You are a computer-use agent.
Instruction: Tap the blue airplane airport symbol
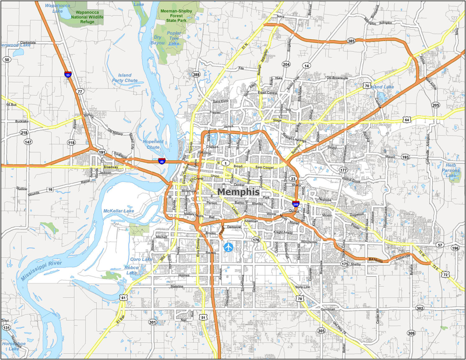coord(228,247)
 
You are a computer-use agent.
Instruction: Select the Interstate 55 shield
coord(68,74)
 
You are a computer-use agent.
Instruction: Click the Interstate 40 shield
coord(162,161)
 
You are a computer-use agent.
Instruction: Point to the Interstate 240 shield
coord(296,204)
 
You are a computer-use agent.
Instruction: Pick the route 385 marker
coord(351,41)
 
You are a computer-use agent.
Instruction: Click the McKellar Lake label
coord(118,211)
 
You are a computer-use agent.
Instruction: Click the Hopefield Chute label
coord(153,144)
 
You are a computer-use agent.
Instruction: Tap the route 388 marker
coord(196,74)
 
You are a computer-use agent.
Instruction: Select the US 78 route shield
coord(299,298)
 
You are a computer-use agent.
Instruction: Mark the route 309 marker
coord(411,333)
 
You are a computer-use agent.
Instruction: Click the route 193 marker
coord(405,157)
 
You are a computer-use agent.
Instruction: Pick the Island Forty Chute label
coord(125,78)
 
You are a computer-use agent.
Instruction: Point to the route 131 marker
coord(6,328)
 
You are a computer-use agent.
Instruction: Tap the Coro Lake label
coord(141,259)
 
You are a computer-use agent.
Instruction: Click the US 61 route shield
coord(124,297)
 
